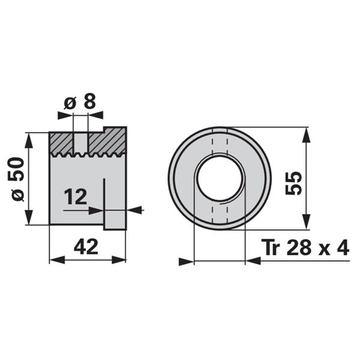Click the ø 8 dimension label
pos(80,102)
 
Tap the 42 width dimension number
pos(86,247)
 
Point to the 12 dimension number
pos(76,197)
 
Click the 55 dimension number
pos(293,183)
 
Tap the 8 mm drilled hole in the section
pos(80,143)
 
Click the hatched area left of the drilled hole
pos(61,143)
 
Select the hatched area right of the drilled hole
pos(107,141)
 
